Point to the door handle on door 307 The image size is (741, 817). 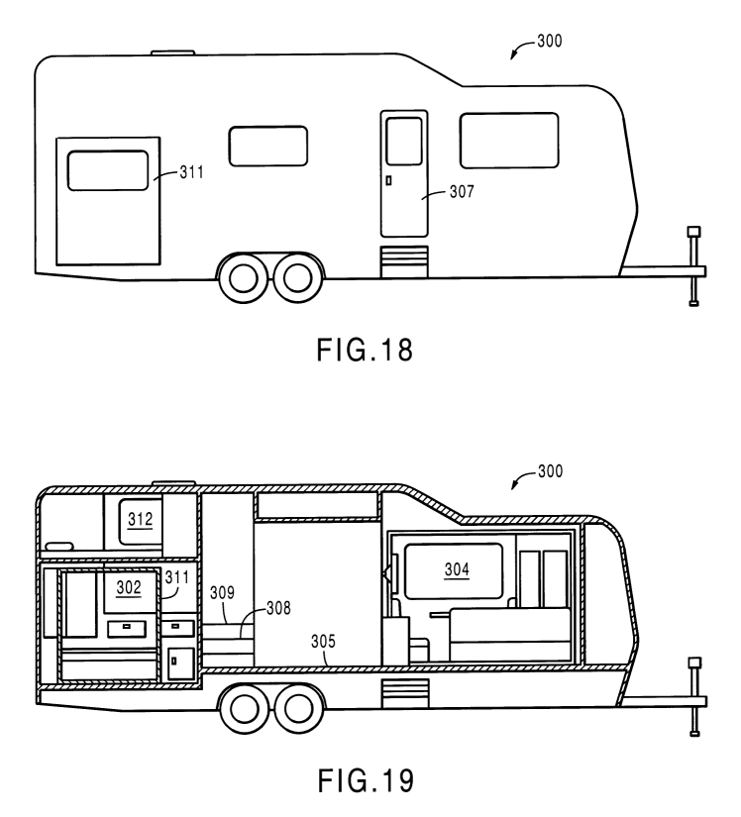(x=388, y=180)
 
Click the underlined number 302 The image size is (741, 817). (x=130, y=587)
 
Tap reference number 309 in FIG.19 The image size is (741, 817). (x=222, y=593)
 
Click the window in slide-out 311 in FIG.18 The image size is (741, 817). (x=107, y=170)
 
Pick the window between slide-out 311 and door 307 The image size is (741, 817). (x=267, y=146)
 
